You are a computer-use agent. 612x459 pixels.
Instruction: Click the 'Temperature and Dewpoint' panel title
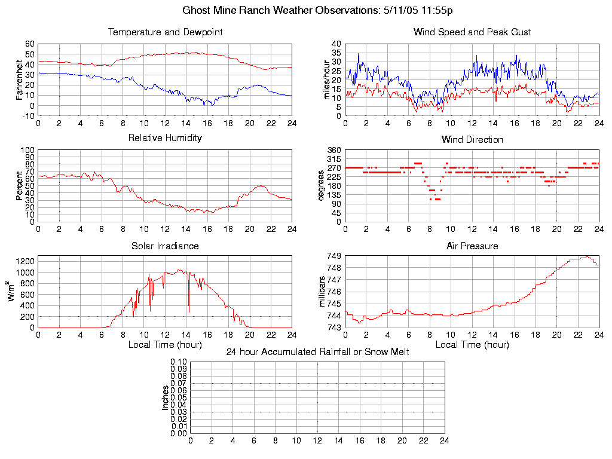(165, 32)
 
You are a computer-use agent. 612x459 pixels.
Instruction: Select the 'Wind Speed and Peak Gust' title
(472, 32)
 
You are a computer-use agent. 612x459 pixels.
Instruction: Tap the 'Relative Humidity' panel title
(165, 138)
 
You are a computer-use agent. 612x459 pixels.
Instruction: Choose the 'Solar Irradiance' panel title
(165, 246)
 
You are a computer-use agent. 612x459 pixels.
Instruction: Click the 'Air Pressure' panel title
(472, 246)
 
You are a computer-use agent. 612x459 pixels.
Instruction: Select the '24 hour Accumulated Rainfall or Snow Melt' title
(317, 352)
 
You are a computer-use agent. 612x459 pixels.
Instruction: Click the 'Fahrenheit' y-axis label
(20, 79)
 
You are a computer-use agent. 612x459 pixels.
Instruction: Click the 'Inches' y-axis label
(166, 397)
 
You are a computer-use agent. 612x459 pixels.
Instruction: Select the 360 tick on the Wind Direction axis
(333, 150)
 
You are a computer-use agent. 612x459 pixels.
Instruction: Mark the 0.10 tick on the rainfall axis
(179, 362)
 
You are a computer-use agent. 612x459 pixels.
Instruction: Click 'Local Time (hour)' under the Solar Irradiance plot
(165, 344)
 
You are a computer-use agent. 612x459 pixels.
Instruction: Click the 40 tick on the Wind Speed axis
(336, 44)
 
